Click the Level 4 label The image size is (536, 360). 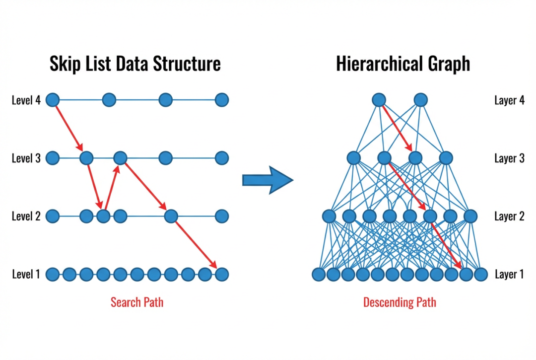[26, 100]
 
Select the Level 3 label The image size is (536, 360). [26, 158]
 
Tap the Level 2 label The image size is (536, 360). [26, 216]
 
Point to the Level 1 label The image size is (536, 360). [26, 274]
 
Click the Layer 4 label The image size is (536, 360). [509, 100]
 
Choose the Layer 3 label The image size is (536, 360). [509, 158]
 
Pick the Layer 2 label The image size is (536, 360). [509, 216]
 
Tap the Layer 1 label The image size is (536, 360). [509, 274]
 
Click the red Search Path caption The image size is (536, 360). [136, 302]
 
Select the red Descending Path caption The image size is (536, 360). [400, 302]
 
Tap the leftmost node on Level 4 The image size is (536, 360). [53, 100]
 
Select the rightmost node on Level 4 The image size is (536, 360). [222, 100]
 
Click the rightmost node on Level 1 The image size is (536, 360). [222, 274]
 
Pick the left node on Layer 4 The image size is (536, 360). [379, 100]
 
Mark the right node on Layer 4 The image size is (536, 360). [420, 100]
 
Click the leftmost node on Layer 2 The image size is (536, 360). [329, 216]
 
